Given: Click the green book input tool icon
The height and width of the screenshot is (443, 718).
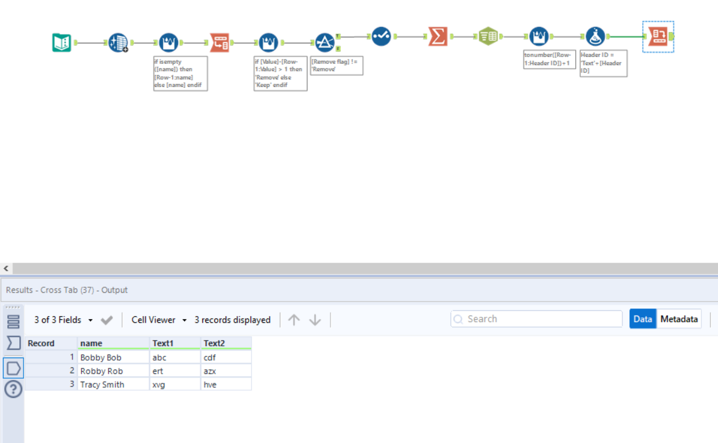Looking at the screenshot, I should coord(61,43).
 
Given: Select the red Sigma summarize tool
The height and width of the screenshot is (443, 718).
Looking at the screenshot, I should coord(438,36).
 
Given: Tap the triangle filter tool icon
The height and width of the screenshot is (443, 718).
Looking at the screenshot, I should coord(325,43).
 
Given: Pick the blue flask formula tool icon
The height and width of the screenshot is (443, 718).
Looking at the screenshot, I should coord(595,36).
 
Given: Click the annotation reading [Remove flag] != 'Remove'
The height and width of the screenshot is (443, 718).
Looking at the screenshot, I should coord(336,66).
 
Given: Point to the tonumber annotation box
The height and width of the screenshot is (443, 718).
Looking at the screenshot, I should coord(550,59).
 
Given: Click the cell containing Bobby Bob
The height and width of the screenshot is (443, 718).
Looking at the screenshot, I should coord(113,358).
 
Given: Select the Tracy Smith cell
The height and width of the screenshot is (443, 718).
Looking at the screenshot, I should coord(113,385).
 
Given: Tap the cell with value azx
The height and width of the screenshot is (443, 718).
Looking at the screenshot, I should coord(225,371).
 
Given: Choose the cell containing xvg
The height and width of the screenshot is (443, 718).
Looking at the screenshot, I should coord(175,385).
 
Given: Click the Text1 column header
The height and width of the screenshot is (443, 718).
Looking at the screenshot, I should coord(175,343).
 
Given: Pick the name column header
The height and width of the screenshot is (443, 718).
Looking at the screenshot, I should coord(113,343).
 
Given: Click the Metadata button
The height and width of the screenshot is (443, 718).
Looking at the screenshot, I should coord(679,319).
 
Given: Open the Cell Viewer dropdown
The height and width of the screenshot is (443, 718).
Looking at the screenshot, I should coord(159,320).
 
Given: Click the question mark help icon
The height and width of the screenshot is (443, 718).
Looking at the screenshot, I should coord(13,390).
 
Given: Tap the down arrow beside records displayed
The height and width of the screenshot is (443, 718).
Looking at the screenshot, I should coord(315,320).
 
